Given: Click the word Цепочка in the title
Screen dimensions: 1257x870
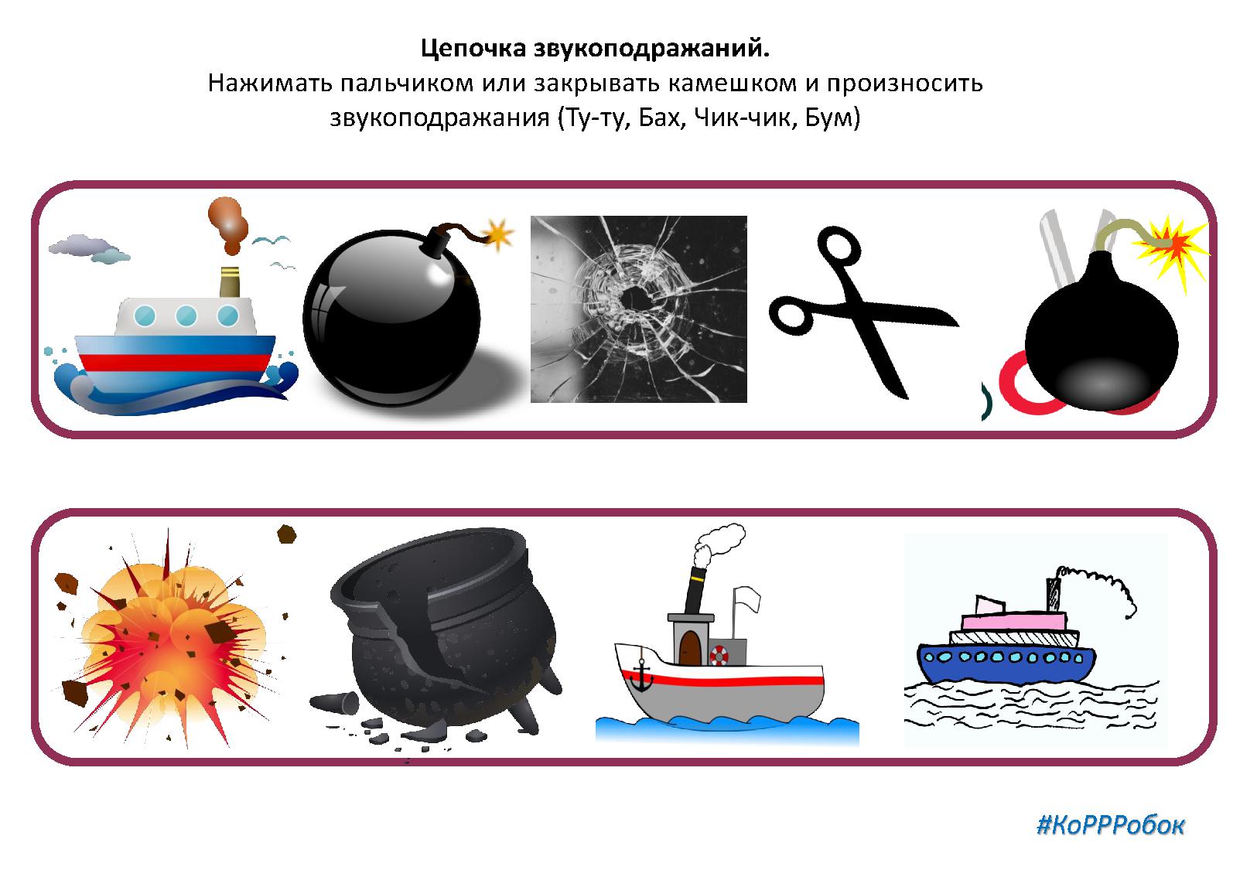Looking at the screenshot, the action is (473, 49).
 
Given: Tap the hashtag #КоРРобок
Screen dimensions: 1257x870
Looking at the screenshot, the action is (1111, 825).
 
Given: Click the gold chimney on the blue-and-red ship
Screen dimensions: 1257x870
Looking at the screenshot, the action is (230, 282).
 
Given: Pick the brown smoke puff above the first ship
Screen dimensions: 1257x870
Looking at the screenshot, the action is (227, 224).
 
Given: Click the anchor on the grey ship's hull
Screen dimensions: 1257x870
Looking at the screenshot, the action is (640, 677).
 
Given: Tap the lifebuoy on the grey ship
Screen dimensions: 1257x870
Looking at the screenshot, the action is (719, 654).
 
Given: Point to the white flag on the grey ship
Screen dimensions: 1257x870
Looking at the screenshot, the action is (747, 599).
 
